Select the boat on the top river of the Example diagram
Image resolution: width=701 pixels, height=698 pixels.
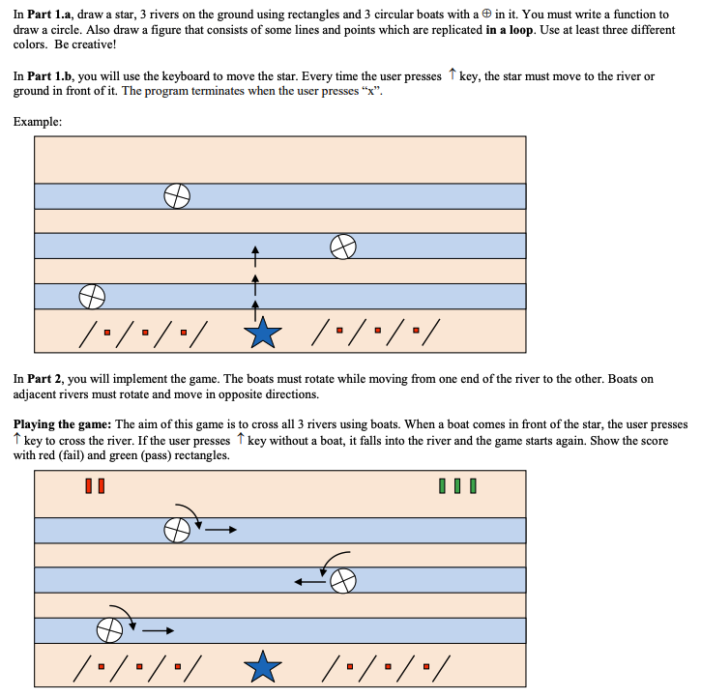176,196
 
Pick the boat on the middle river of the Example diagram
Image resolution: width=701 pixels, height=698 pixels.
343,247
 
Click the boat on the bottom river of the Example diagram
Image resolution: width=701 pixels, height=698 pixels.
92,294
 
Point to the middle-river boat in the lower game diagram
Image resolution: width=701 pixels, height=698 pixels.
342,580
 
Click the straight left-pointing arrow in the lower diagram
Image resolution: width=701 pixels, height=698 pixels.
309,581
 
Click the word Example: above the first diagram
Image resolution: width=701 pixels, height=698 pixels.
38,122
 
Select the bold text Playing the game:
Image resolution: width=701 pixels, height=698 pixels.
62,424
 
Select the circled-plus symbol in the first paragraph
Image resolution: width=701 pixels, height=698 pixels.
483,15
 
